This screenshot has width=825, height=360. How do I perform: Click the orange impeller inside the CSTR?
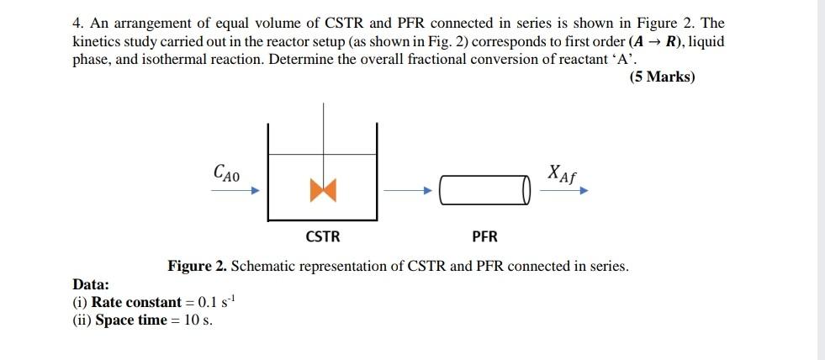coord(323,190)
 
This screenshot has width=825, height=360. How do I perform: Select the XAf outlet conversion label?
coord(562,173)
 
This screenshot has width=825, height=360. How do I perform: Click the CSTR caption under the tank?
coord(323,236)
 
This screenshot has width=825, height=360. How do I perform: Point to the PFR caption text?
coord(484,236)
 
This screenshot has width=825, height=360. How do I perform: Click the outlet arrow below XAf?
coord(563,191)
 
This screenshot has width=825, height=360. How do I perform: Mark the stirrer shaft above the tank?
coord(323,126)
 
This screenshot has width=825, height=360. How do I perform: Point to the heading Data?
coord(91,284)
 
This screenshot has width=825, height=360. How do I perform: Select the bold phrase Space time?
coord(130,320)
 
